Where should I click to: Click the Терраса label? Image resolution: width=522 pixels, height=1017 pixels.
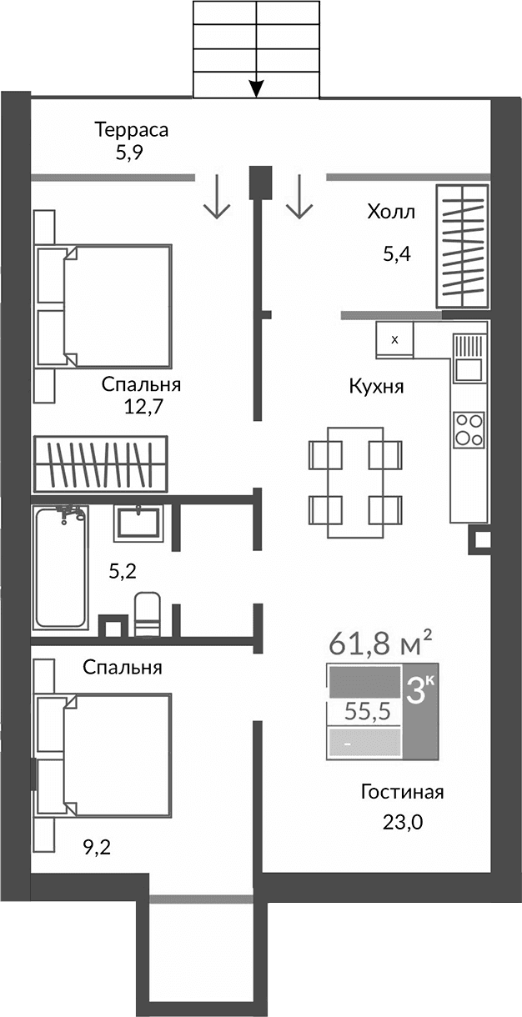coord(132,130)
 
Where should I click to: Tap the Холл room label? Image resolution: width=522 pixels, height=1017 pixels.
coord(390,213)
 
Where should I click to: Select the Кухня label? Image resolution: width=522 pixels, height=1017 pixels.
coord(376,387)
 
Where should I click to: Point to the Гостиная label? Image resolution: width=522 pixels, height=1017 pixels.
coord(402,792)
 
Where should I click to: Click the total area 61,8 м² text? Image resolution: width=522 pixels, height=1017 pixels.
coord(380,643)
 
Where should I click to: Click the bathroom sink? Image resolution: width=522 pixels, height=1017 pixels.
coord(139,524)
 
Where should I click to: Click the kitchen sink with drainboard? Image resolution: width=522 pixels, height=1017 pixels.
coord(469,356)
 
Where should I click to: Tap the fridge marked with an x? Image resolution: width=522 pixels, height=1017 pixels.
coord(395,339)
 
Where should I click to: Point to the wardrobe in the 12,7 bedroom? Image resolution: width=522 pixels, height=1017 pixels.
coord(99,463)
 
